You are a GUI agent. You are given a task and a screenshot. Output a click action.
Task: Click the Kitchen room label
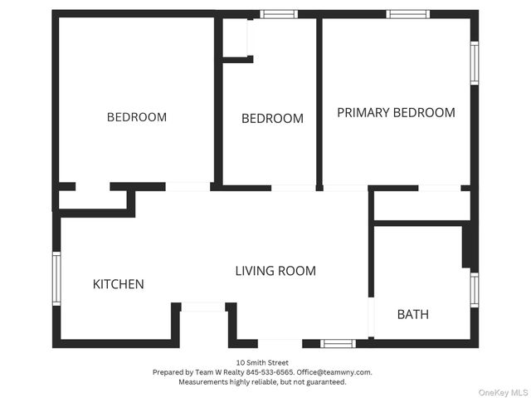118,284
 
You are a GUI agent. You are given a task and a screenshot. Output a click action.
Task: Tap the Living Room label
275,271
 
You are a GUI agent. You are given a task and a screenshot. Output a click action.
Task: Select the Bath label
413,315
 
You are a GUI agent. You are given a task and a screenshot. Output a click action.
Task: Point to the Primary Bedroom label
396,112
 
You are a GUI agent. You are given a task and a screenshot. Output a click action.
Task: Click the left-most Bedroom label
137,117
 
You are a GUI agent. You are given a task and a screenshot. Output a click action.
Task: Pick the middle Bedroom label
272,118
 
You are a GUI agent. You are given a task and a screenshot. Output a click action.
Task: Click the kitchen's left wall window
56,278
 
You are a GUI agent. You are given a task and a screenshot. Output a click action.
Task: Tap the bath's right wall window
475,290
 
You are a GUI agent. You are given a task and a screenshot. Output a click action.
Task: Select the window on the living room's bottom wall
338,344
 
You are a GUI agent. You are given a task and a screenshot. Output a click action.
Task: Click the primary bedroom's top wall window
407,14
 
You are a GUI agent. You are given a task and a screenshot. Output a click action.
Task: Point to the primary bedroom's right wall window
475,63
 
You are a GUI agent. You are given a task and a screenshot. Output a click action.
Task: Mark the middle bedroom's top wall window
279,14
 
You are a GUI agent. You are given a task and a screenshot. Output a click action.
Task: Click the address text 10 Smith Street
262,363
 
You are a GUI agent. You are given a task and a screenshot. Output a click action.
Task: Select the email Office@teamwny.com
334,372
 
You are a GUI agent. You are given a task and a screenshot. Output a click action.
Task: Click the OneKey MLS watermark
503,392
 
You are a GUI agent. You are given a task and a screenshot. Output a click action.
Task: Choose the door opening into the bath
371,317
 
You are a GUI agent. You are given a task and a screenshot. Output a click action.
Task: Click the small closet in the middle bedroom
235,37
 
